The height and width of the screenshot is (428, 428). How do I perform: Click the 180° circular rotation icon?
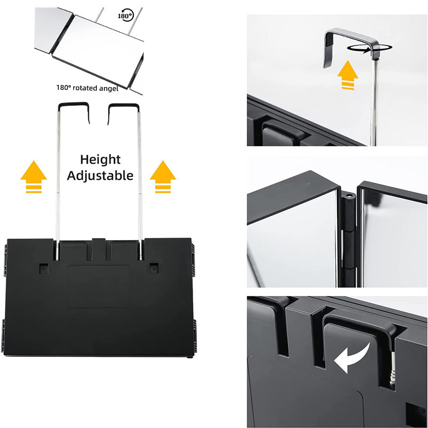coord(125,16)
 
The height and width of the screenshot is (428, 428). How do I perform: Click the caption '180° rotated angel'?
coord(87,88)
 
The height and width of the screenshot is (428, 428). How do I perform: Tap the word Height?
coord(101,159)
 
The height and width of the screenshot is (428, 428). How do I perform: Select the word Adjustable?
coord(101,175)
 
